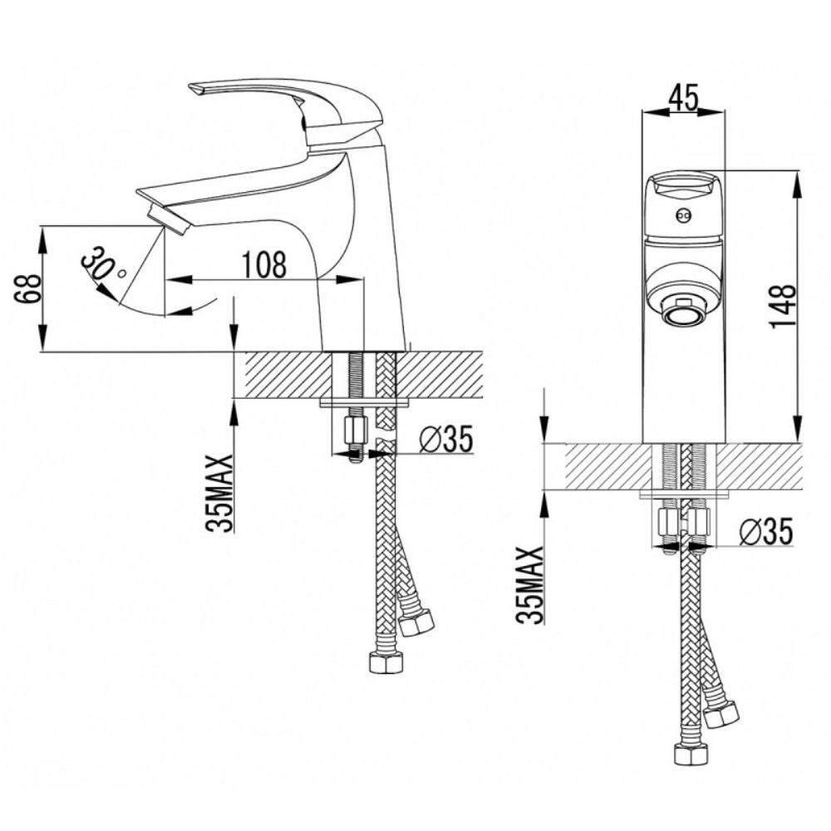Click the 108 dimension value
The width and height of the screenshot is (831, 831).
pos(264,264)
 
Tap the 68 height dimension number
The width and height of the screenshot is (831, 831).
pos(27,288)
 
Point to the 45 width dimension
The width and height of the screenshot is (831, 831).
pos(683,97)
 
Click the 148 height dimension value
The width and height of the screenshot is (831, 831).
pos(784,307)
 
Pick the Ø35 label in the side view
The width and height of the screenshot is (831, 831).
pos(445,440)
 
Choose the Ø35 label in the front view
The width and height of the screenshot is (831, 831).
pos(766,531)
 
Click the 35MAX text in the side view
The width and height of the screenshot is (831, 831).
pos(219,493)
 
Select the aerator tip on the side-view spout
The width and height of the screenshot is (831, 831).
pos(169,219)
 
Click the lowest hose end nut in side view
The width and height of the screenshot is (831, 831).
pos(386,663)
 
